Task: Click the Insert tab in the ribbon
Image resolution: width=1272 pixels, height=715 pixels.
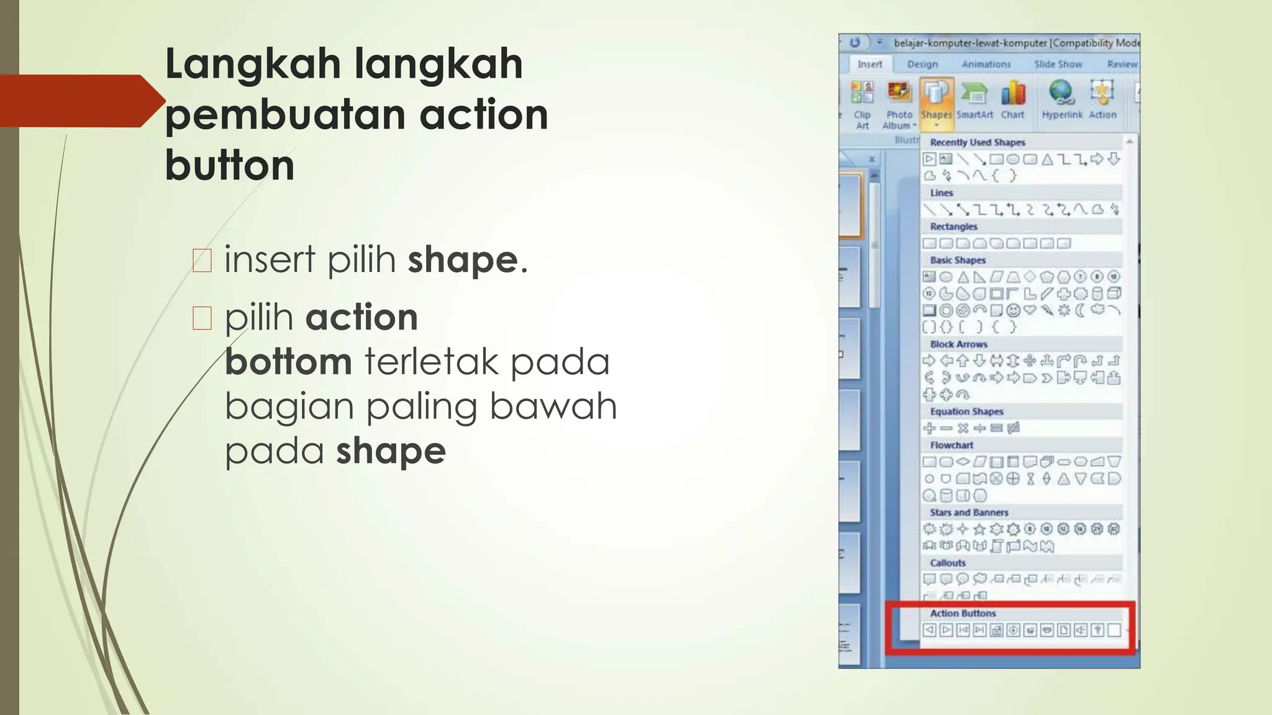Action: click(x=870, y=64)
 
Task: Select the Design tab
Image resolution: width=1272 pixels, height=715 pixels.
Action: click(x=922, y=64)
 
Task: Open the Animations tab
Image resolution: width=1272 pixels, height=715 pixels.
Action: click(x=986, y=64)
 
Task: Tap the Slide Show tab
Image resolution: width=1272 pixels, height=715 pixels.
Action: click(x=1058, y=64)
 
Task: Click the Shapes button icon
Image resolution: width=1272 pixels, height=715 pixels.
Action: click(x=936, y=93)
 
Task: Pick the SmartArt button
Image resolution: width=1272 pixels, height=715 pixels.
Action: click(x=974, y=99)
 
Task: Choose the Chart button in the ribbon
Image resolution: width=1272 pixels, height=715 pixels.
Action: click(x=1012, y=99)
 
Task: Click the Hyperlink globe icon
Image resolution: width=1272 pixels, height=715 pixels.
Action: click(x=1061, y=92)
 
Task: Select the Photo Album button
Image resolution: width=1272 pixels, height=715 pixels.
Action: click(x=899, y=102)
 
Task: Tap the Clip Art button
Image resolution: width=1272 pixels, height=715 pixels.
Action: click(x=862, y=102)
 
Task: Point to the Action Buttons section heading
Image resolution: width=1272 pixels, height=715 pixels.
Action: click(x=963, y=613)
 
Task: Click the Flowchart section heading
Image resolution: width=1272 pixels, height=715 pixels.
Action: click(x=952, y=445)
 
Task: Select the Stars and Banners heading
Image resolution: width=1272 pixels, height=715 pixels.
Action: click(x=969, y=513)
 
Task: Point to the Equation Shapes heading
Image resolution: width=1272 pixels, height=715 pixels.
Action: click(x=966, y=411)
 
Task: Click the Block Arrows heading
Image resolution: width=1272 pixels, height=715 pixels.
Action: click(x=958, y=344)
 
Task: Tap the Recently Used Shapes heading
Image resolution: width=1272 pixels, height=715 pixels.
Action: click(x=977, y=142)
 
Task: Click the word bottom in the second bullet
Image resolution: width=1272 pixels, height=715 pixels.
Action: click(x=288, y=362)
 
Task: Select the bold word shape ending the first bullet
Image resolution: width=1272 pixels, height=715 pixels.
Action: click(x=463, y=259)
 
